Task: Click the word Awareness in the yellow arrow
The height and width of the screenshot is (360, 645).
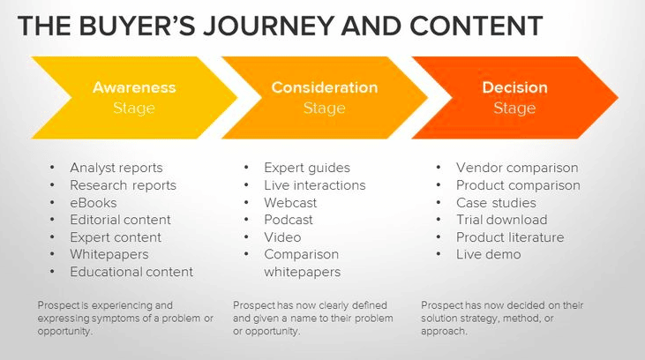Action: pos(134,87)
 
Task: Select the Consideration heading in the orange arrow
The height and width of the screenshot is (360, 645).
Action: pos(324,87)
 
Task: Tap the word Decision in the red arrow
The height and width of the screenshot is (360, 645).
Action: pos(514,87)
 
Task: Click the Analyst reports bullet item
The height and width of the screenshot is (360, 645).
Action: pos(116,168)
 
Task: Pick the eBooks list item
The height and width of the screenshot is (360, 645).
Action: pos(94,202)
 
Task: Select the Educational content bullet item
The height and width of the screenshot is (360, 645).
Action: pos(131,272)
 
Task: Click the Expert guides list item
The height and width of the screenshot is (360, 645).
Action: pos(307,168)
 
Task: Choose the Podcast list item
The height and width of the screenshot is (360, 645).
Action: pos(289,220)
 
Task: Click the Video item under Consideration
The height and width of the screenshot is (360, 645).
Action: pos(282,237)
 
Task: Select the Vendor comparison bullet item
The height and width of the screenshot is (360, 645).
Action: pos(517,168)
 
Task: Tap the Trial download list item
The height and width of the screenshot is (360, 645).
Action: pos(501,220)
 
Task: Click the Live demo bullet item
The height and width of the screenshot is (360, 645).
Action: pos(488,254)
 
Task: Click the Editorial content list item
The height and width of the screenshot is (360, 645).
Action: pos(121,220)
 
